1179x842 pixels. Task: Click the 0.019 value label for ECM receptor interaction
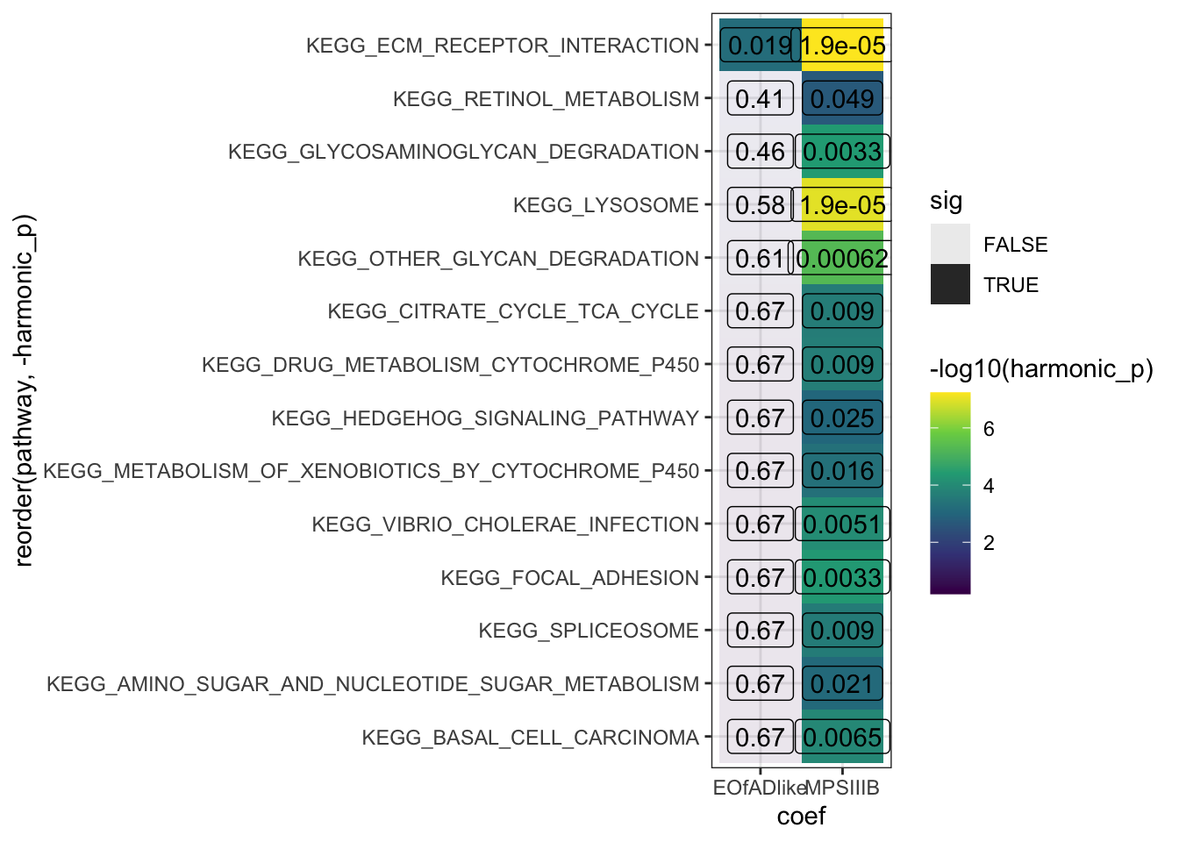[759, 46]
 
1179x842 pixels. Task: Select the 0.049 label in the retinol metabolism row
[842, 99]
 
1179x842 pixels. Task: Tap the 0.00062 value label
[842, 259]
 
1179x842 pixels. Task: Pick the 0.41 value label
[760, 99]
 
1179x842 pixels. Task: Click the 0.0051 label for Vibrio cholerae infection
[842, 524]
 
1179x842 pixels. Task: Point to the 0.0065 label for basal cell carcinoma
[842, 738]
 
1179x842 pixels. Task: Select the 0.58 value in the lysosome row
[760, 205]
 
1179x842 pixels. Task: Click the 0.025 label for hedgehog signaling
[842, 418]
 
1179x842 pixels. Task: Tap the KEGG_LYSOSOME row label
[605, 205]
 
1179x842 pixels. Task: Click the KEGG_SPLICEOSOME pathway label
[588, 631]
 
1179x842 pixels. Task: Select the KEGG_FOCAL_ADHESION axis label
[569, 578]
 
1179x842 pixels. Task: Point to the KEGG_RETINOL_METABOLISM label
[546, 99]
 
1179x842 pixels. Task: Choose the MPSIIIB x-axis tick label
[842, 788]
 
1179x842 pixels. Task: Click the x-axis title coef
[801, 817]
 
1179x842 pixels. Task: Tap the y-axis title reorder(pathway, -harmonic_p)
[24, 391]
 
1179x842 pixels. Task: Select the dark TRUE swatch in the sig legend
[950, 284]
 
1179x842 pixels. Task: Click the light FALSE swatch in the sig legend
[950, 244]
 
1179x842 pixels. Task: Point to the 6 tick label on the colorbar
[989, 429]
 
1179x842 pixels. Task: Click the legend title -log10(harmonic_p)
[1041, 369]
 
